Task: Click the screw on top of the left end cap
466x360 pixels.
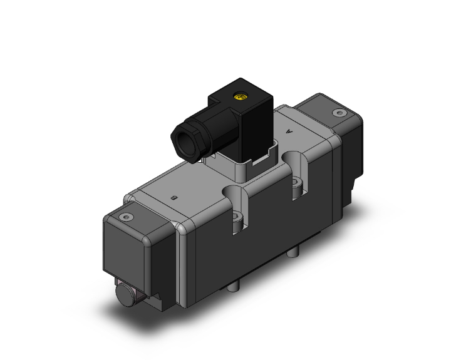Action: tap(129, 217)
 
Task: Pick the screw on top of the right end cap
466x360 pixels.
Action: tap(339, 113)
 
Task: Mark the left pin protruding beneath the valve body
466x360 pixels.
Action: tap(235, 286)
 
